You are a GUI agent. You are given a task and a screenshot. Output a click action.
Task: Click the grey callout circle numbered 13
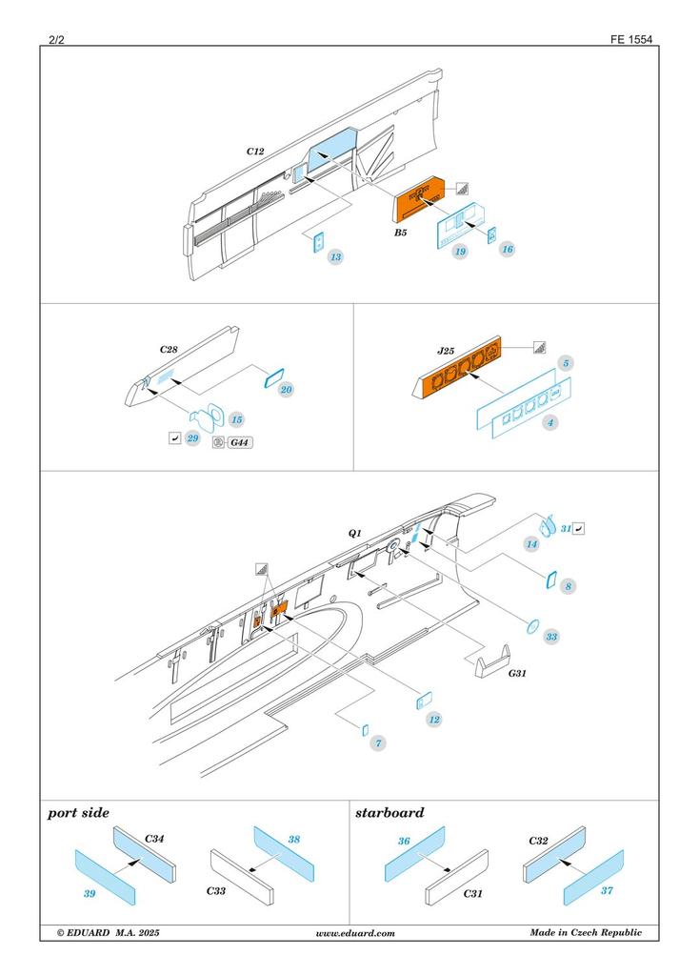point(336,257)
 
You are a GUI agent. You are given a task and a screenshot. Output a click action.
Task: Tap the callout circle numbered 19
point(460,253)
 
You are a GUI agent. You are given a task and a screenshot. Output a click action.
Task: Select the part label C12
point(255,152)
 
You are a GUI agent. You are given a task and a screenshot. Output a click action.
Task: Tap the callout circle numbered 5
point(566,363)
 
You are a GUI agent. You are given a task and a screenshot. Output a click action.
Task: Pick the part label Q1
point(354,536)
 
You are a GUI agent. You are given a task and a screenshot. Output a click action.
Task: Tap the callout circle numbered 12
point(434,719)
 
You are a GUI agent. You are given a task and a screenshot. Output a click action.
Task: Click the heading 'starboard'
point(389,813)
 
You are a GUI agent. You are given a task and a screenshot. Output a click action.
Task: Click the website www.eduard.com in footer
point(354,933)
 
